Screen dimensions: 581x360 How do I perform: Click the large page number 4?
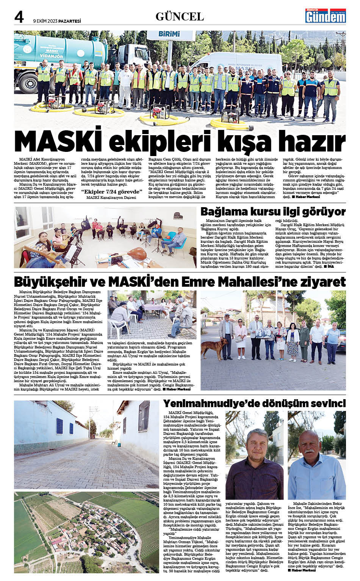(x=19, y=17)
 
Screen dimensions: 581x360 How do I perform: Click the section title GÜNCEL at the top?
(x=180, y=17)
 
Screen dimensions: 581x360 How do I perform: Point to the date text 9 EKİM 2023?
(x=47, y=21)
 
